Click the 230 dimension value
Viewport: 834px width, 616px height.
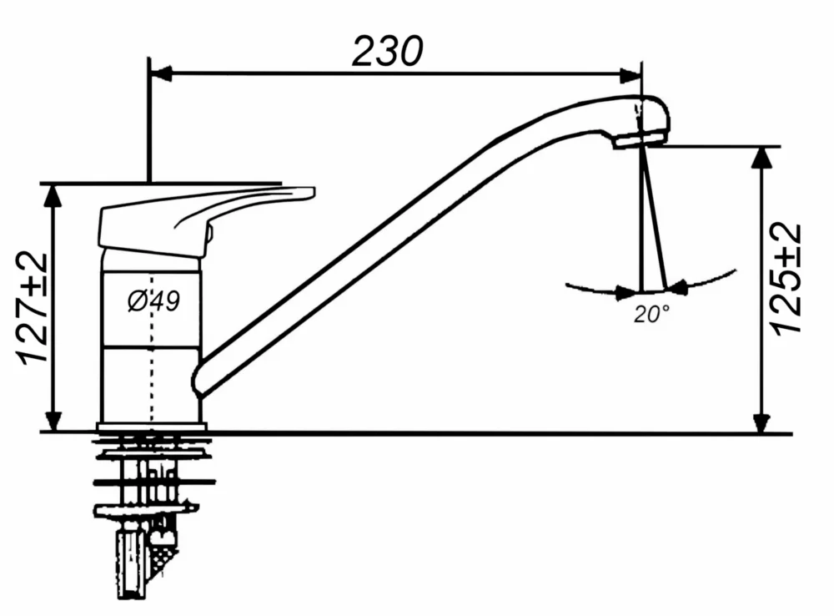[x=387, y=51]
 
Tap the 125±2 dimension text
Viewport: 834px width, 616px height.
[x=786, y=279]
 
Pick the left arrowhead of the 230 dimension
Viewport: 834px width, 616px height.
[x=159, y=74]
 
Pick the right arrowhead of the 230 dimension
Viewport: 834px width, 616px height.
[x=631, y=74]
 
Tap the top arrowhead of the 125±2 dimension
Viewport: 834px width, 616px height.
[x=761, y=158]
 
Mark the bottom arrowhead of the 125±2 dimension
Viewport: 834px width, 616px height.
[x=761, y=422]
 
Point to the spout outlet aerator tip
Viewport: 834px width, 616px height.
[x=641, y=141]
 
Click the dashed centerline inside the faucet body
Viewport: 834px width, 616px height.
[x=153, y=351]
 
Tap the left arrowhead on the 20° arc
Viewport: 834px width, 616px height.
[x=625, y=292]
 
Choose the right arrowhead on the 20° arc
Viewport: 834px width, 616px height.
[x=678, y=288]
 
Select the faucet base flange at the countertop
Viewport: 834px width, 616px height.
[x=151, y=428]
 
